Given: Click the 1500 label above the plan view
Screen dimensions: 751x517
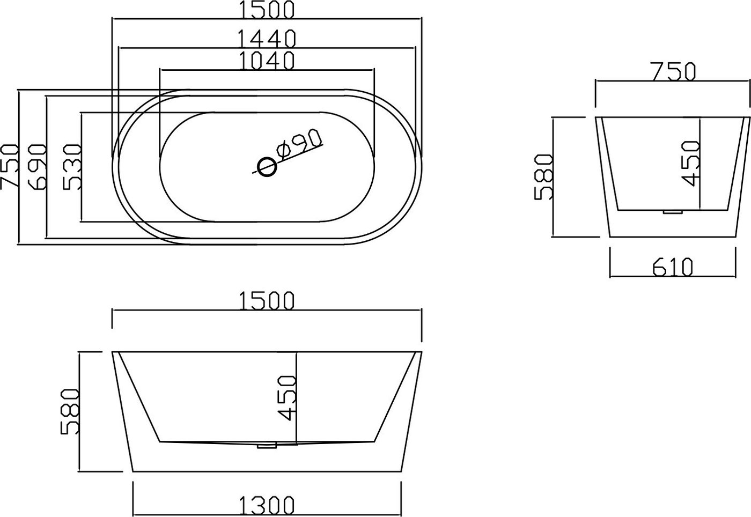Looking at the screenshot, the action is coord(267,10).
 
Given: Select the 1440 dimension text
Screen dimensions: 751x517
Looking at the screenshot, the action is coord(267,39).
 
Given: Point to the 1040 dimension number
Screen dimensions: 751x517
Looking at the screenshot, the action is coord(267,61).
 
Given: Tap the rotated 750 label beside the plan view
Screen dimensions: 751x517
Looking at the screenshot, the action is coord(9,166).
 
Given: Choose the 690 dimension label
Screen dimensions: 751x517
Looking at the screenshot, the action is coord(37,167).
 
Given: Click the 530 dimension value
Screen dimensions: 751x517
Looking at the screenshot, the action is coord(72,167).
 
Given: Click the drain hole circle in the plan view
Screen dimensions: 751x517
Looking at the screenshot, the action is coord(267,167).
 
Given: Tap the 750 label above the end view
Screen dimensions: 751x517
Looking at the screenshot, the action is coord(674,72).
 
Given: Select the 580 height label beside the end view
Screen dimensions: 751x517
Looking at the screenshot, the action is coord(543,177).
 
